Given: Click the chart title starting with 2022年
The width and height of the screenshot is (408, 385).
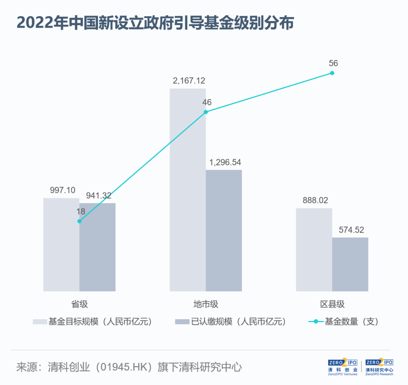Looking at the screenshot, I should coord(155,23).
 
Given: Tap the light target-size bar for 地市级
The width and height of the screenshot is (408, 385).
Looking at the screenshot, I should coord(187,189).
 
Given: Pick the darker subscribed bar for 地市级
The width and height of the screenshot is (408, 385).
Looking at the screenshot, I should coord(224,231).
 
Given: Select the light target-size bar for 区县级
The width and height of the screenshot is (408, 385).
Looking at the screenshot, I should coord(314,250).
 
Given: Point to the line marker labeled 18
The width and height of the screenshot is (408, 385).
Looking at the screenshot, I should coord(79,221).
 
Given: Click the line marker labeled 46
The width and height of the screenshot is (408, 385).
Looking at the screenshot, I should coord(206,112).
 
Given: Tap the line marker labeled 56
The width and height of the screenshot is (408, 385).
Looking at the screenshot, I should coord(332,73).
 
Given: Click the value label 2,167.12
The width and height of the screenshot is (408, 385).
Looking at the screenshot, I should coord(189,81).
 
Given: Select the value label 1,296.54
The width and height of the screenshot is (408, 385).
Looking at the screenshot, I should coord(225,162).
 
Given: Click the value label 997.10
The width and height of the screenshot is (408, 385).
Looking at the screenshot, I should coord(63,190).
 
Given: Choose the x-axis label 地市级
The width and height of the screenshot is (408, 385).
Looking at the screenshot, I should coord(206,304).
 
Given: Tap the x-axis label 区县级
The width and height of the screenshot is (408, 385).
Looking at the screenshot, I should coord(332,304).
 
